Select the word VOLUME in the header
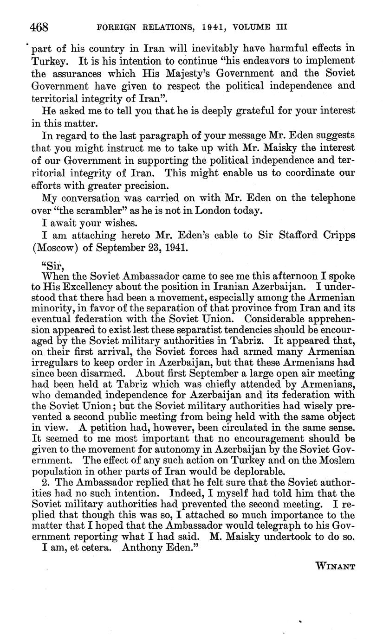point(254,27)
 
